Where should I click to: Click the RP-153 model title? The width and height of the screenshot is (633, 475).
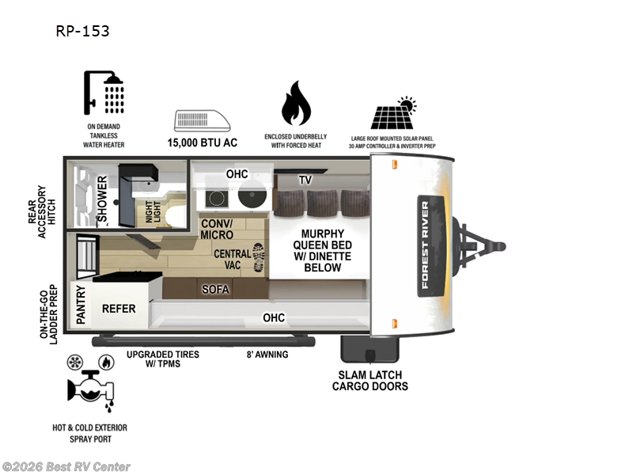(x=82, y=32)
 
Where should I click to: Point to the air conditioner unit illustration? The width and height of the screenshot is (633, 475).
(x=202, y=120)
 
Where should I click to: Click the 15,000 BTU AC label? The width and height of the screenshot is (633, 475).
(x=202, y=143)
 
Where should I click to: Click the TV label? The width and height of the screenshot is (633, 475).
(x=305, y=180)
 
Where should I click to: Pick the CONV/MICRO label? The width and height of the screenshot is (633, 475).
(x=216, y=229)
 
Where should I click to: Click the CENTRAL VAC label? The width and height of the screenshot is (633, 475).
(x=233, y=260)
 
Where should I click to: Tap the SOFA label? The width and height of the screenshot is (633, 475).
(x=215, y=290)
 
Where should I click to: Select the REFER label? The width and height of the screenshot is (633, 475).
(x=119, y=308)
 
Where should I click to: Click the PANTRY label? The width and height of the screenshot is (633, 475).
(x=81, y=305)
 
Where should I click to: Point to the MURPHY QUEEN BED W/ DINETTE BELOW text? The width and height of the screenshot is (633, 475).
(x=321, y=250)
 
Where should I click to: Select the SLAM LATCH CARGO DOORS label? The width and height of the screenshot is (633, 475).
(x=370, y=381)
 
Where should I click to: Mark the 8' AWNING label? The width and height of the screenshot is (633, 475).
(x=266, y=354)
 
